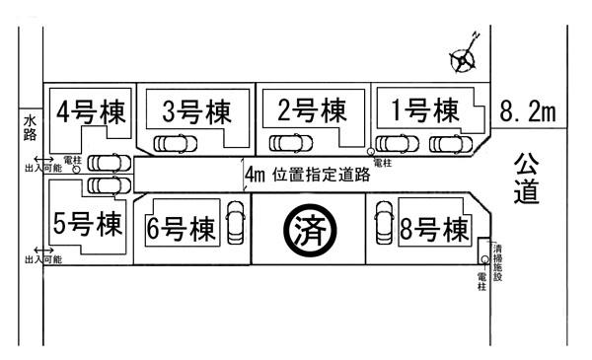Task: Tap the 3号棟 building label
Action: click(195, 109)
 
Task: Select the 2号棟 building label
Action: click(313, 108)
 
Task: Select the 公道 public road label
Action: click(526, 177)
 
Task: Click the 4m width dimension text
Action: click(256, 176)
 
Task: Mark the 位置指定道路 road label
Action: click(322, 176)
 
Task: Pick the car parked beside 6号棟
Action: click(236, 223)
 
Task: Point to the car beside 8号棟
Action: click(384, 223)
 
